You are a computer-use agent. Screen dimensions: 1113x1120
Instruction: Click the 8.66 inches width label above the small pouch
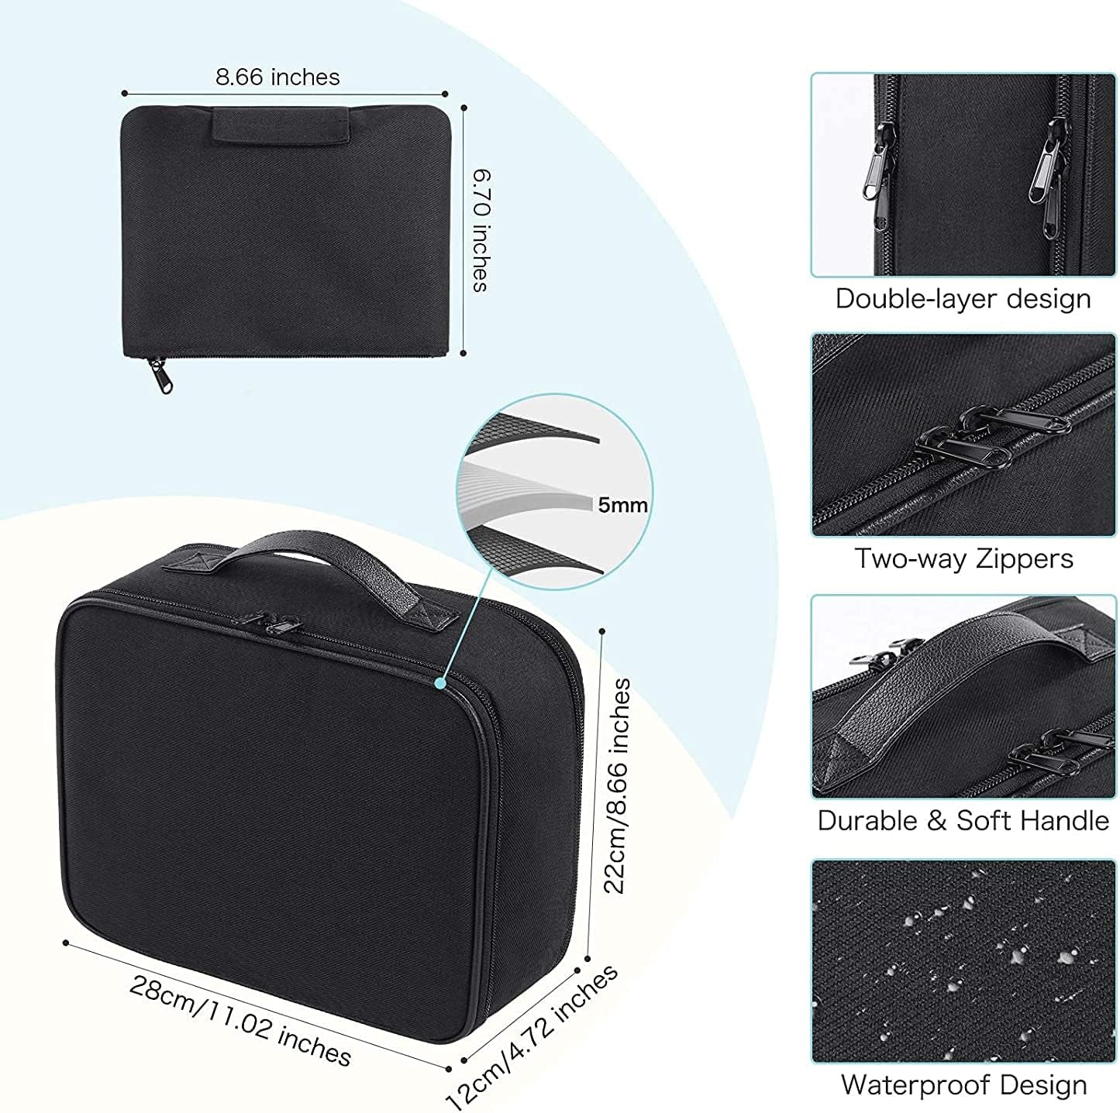(277, 77)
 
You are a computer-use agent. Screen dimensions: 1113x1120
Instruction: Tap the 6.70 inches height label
(481, 231)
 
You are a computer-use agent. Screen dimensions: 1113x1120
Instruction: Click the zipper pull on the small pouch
(164, 374)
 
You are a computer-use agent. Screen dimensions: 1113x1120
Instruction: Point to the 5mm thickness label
(622, 506)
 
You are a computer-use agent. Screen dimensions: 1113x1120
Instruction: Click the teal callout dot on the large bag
(439, 683)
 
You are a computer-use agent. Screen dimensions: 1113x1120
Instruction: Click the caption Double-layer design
(963, 299)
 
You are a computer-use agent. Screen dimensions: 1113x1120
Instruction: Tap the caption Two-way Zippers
(963, 558)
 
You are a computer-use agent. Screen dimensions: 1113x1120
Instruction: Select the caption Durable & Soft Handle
(963, 820)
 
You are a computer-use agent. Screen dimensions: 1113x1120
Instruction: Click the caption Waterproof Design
(963, 1085)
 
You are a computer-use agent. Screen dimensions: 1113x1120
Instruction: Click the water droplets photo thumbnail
(963, 960)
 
